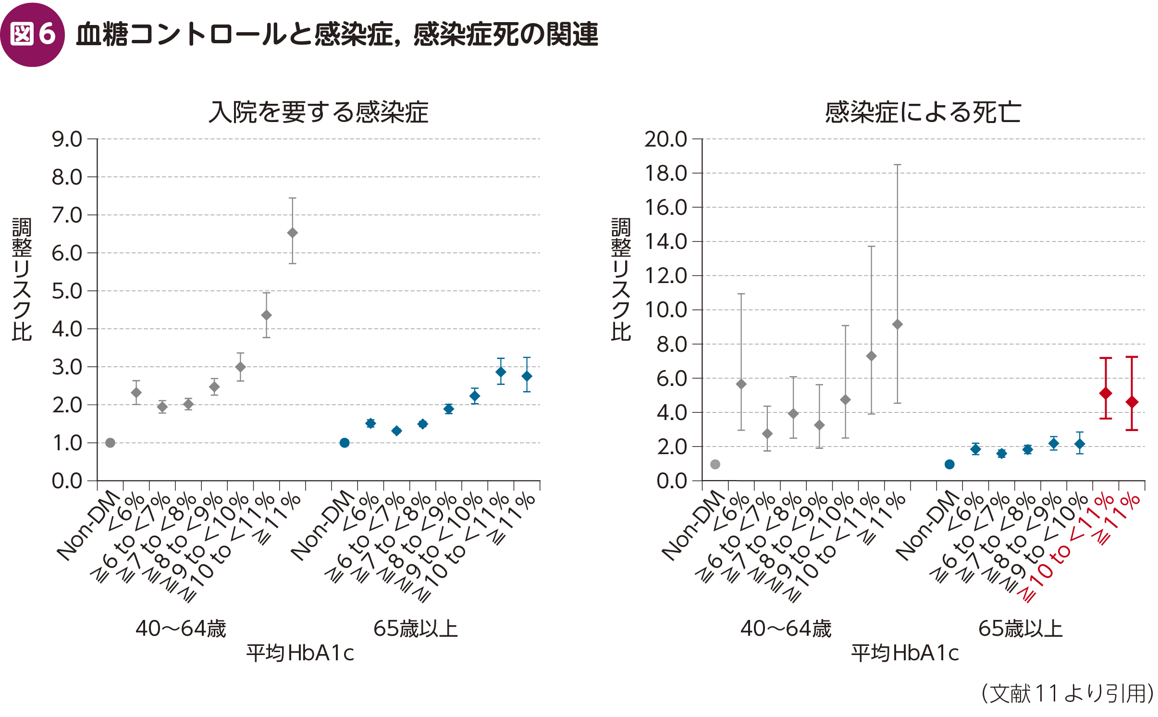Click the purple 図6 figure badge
pos(33,35)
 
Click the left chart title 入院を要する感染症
pos(318,112)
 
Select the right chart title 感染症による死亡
pos(923,112)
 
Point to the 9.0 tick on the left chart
pos(67,139)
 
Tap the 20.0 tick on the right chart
pos(665,139)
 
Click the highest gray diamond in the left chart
pos(292,233)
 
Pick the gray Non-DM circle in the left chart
pos(110,443)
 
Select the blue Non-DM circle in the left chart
pos(345,443)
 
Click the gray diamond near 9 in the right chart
pos(897,324)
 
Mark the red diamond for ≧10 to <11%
pos(1106,393)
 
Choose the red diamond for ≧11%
pos(1132,402)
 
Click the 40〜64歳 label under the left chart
pos(181,629)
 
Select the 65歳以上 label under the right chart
pos(1021,629)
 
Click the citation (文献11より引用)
pos(1067,693)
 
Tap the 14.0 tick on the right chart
pos(665,242)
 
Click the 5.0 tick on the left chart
pos(67,291)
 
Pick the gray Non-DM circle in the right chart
pos(715,464)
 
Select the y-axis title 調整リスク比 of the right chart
pos(621,279)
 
